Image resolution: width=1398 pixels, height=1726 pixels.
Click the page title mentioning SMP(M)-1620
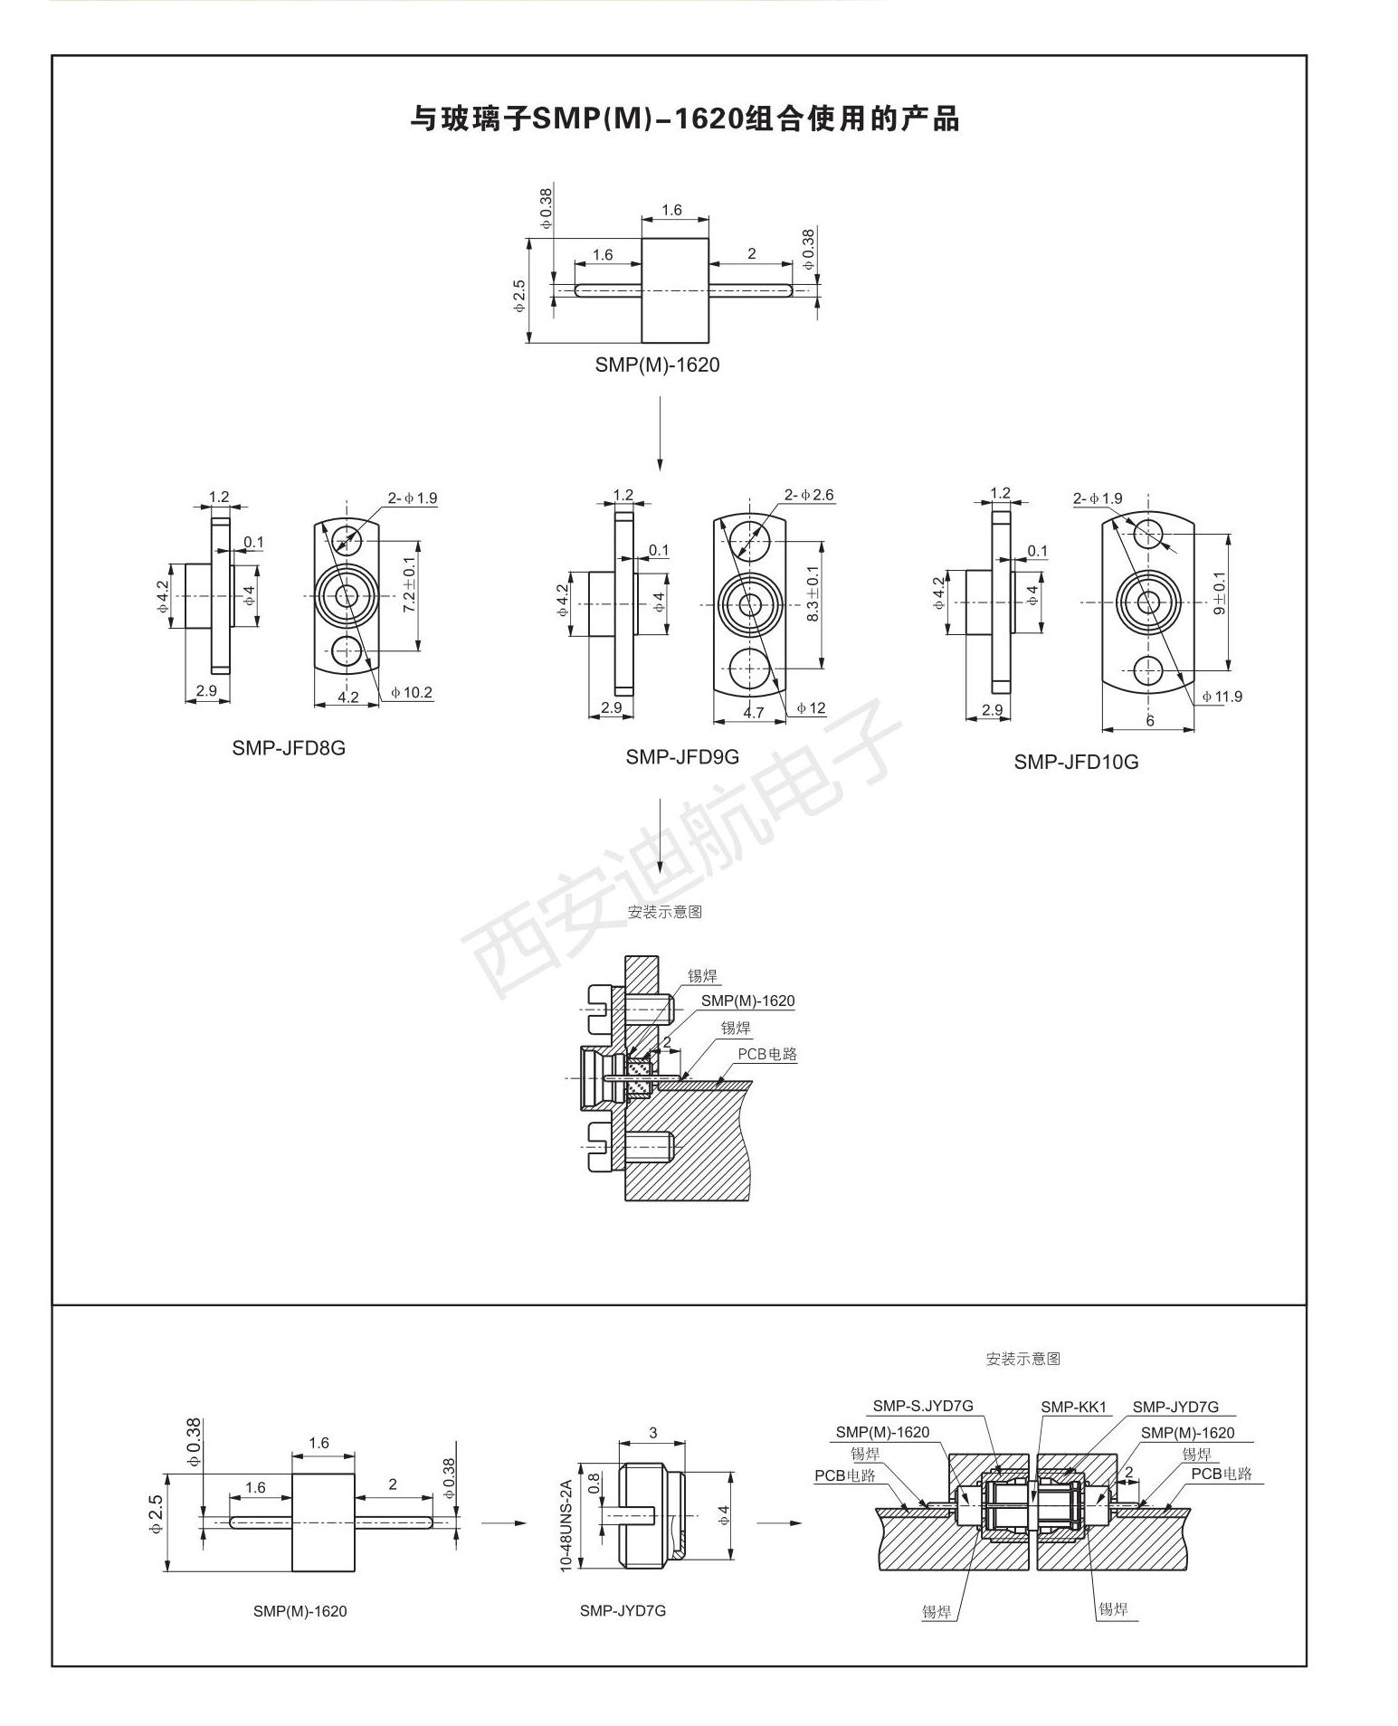point(685,119)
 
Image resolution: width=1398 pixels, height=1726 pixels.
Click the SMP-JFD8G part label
point(289,748)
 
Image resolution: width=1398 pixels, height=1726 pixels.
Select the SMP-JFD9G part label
point(682,756)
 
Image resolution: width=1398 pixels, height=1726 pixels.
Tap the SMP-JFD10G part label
point(1076,762)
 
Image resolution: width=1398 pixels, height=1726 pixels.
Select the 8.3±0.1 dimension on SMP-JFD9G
point(812,593)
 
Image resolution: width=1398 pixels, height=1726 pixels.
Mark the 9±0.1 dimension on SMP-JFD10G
point(1219,593)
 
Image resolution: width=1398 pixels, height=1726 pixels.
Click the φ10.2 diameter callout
point(412,693)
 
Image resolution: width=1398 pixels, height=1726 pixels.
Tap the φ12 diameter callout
point(811,707)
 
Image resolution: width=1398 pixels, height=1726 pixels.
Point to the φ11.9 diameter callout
point(1222,696)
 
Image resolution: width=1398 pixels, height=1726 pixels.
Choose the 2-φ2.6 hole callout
point(809,495)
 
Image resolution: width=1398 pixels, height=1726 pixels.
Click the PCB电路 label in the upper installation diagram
point(767,1054)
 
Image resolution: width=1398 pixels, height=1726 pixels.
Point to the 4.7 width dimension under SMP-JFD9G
point(753,712)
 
